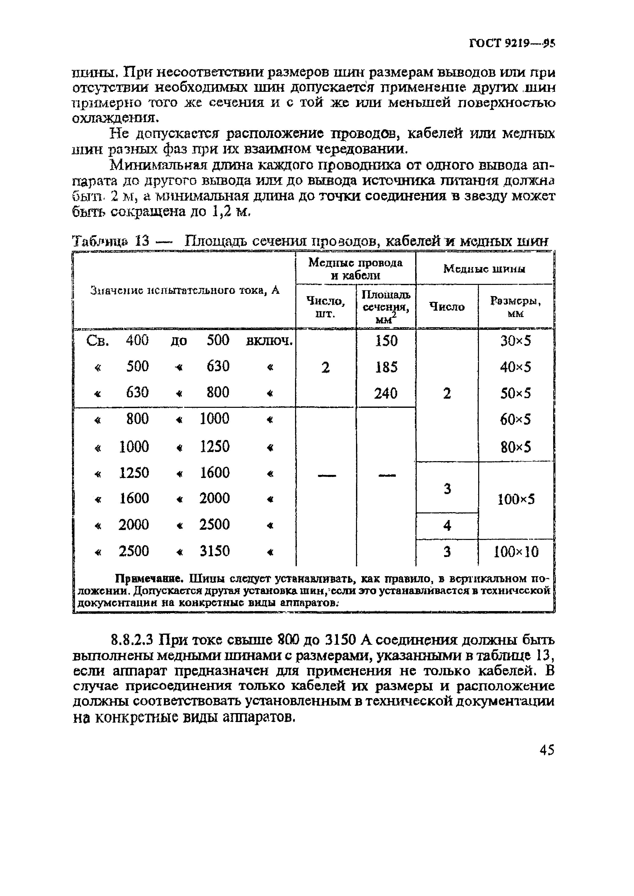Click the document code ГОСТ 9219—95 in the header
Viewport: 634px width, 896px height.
click(x=511, y=43)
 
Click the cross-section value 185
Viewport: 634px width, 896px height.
click(x=386, y=367)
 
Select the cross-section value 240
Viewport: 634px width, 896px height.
click(x=386, y=393)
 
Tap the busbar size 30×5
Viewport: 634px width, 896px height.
click(x=515, y=341)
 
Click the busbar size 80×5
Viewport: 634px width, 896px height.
click(x=515, y=447)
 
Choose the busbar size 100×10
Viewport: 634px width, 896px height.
click(x=516, y=552)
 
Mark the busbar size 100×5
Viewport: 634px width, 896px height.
click(x=516, y=499)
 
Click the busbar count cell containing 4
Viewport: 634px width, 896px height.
click(x=447, y=526)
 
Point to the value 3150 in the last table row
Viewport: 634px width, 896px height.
click(x=215, y=551)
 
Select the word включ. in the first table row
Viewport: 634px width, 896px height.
click(x=269, y=341)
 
